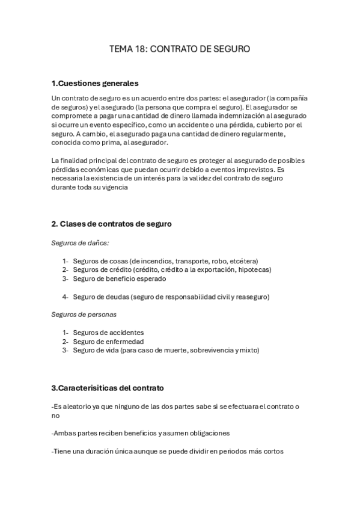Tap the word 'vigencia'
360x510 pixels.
point(114,187)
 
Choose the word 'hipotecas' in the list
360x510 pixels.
point(254,270)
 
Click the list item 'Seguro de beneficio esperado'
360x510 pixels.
point(120,279)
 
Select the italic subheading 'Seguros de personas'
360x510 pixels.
point(84,315)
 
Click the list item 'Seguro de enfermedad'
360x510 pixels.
point(108,342)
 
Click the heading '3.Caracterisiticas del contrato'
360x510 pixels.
point(108,388)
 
